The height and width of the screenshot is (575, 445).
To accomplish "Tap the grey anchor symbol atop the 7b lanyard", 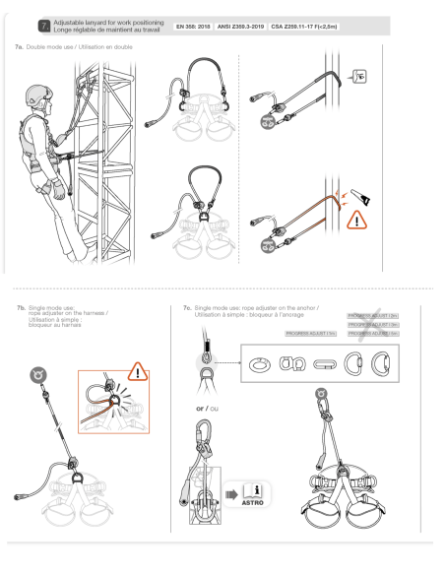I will pos(39,374).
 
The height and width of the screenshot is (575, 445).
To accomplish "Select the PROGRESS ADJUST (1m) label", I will pos(311,335).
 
